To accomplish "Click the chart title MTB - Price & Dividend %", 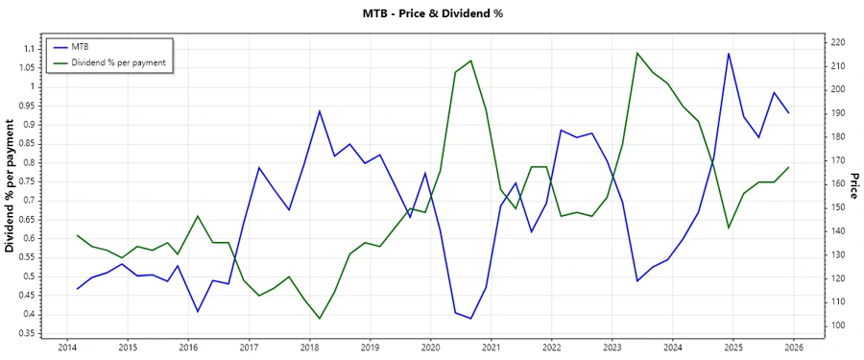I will pyautogui.click(x=431, y=13).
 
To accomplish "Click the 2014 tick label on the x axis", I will pyautogui.click(x=67, y=347).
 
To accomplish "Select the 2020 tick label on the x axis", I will pyautogui.click(x=430, y=347).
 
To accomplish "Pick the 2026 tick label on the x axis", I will pyautogui.click(x=793, y=347).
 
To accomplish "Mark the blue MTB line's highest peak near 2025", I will pyautogui.click(x=729, y=54).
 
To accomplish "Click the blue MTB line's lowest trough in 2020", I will pyautogui.click(x=470, y=318).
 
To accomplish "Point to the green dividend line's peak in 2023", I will pyautogui.click(x=637, y=53).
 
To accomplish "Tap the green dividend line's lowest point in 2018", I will pyautogui.click(x=320, y=318).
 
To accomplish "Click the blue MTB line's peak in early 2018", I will pyautogui.click(x=320, y=111).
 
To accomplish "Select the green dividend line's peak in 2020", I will pyautogui.click(x=470, y=60).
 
